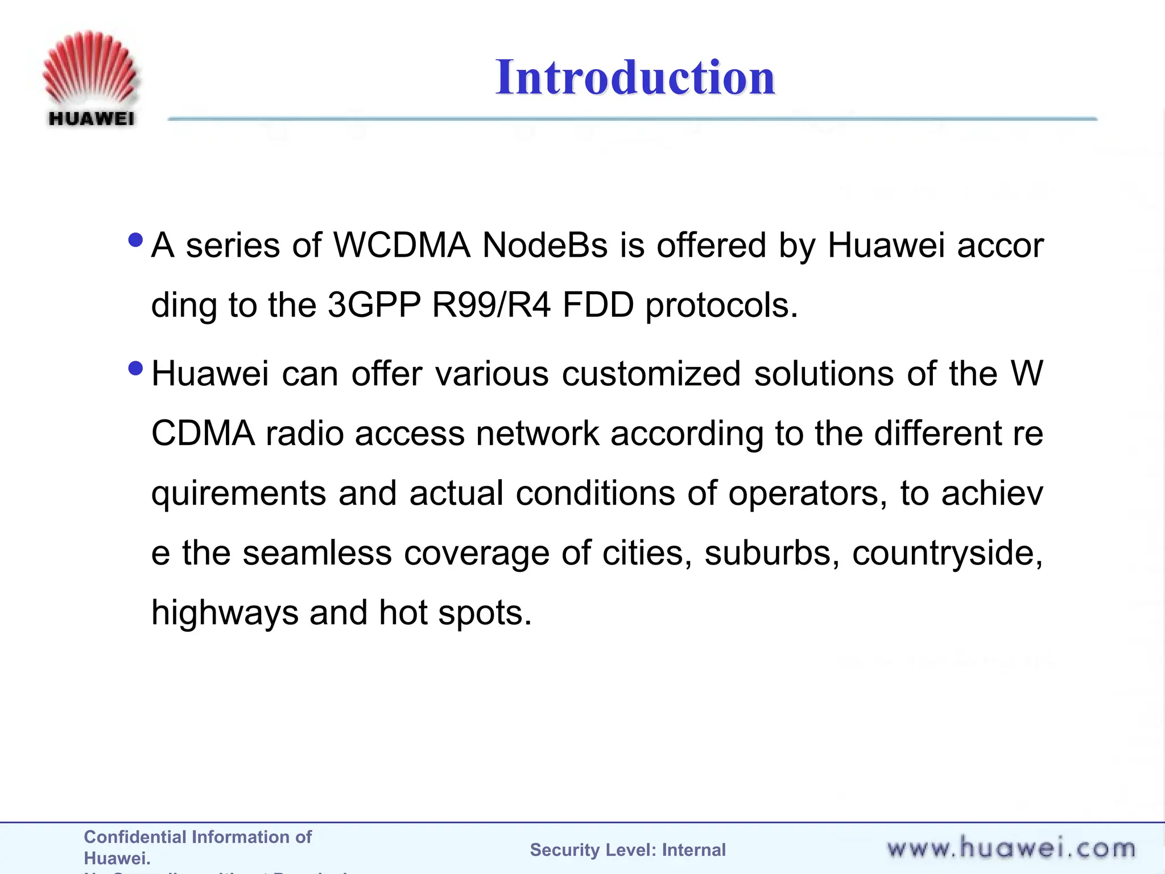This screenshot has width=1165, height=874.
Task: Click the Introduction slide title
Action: pos(635,77)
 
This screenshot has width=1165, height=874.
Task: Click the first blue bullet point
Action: pos(136,240)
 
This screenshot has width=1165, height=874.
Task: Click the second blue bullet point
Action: pos(136,368)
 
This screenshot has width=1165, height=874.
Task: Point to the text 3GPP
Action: pos(374,305)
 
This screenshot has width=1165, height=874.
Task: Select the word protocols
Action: pos(721,306)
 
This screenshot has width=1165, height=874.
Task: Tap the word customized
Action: pos(651,374)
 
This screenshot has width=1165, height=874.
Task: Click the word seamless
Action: pos(317,553)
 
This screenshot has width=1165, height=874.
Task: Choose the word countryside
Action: pos(947,554)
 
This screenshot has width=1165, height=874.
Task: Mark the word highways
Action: pos(225,613)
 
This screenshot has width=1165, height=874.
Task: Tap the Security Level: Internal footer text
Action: pos(627,850)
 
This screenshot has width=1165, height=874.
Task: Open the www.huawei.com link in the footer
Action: pos(1011,848)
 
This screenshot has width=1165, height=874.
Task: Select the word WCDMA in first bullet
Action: pos(402,246)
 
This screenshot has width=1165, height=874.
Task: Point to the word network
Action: pos(538,434)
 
